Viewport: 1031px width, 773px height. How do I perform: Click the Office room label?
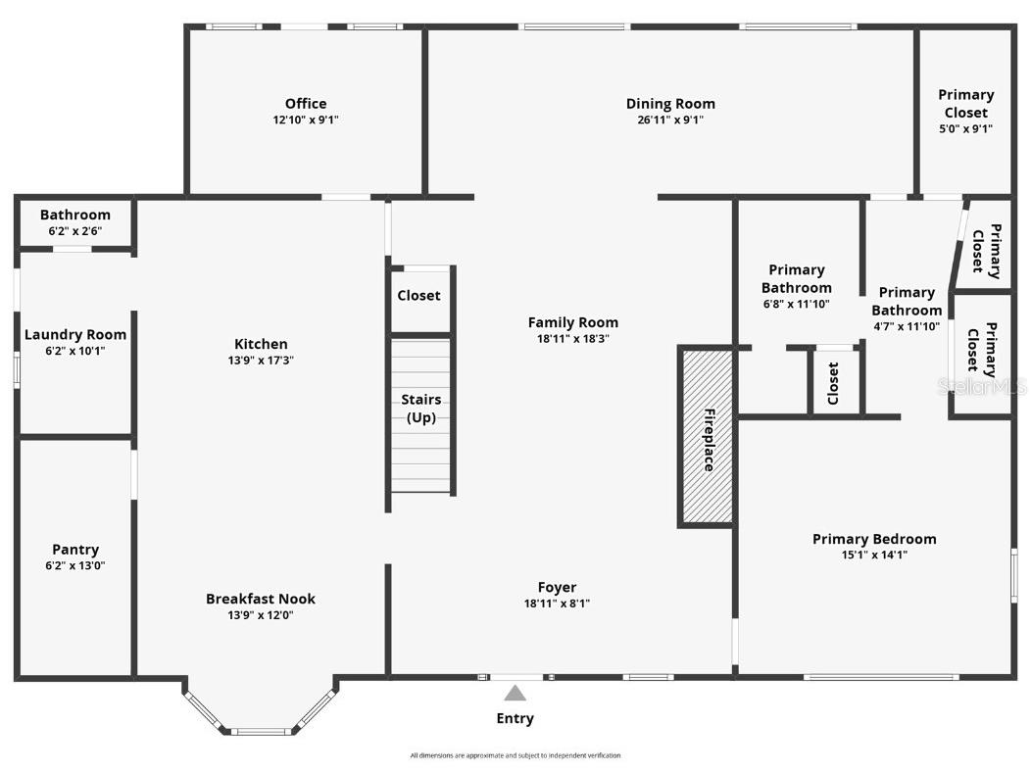click(306, 104)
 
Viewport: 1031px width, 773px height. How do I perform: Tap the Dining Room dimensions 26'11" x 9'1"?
click(670, 121)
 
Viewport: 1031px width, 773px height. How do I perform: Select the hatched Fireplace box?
click(706, 437)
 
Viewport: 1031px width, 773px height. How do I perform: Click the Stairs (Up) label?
click(420, 409)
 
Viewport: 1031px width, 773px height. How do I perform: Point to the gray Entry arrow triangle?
click(515, 694)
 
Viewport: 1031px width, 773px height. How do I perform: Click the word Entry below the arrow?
click(515, 718)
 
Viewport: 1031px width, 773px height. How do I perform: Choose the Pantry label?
click(75, 550)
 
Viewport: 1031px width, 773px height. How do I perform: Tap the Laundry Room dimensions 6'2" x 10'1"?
click(75, 351)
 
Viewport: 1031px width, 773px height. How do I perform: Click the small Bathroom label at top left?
click(75, 215)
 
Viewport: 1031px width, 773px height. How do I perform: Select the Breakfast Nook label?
click(261, 599)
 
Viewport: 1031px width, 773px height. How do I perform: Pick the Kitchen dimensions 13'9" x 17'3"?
click(261, 361)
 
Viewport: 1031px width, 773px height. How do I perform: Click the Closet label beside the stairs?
click(418, 296)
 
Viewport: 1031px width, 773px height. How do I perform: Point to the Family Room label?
click(573, 322)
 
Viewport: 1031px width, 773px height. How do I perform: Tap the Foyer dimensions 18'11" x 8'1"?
click(557, 604)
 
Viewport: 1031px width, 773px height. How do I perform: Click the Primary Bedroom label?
click(874, 539)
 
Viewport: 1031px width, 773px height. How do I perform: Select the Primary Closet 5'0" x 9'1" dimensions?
click(965, 128)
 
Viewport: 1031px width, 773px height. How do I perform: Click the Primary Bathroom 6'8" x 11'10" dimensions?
click(796, 304)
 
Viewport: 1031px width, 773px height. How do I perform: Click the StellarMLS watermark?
click(982, 387)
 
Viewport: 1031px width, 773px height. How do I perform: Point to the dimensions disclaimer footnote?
click(515, 755)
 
